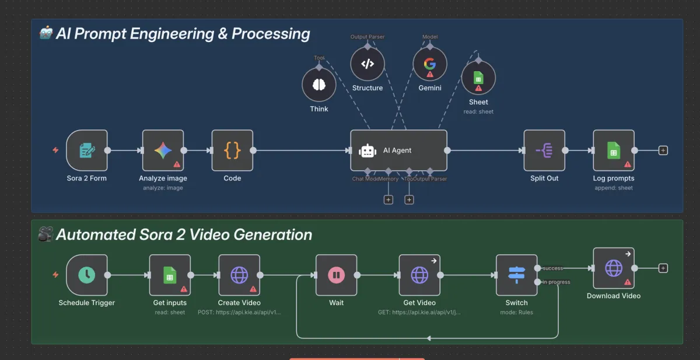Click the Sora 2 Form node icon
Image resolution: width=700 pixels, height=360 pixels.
(x=86, y=151)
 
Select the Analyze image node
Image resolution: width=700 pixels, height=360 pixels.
(x=163, y=151)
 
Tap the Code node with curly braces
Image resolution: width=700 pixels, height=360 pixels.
(x=232, y=151)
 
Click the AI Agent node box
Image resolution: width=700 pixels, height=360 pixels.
(x=398, y=151)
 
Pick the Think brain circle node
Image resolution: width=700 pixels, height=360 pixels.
(x=318, y=85)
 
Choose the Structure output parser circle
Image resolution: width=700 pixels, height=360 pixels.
(x=367, y=64)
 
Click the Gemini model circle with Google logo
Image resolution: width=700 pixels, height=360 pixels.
(x=430, y=64)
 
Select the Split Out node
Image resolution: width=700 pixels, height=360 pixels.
(x=544, y=151)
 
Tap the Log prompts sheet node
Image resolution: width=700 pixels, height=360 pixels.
(x=614, y=151)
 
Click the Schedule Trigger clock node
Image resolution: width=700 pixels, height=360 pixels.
(x=86, y=275)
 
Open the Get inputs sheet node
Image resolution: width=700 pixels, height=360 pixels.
(x=169, y=275)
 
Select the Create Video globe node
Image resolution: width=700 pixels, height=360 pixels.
(x=239, y=275)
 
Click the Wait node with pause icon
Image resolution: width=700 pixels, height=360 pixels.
(x=336, y=275)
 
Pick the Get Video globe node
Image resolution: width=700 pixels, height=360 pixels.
(x=419, y=275)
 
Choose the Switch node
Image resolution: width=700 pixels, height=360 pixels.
(x=516, y=275)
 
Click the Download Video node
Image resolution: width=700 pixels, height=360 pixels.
(x=614, y=268)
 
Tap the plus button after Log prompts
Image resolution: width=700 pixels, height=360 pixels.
(x=663, y=151)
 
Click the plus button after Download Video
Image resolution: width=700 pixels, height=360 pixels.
(x=663, y=268)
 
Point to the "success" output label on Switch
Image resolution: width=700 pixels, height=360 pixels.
(x=552, y=268)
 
